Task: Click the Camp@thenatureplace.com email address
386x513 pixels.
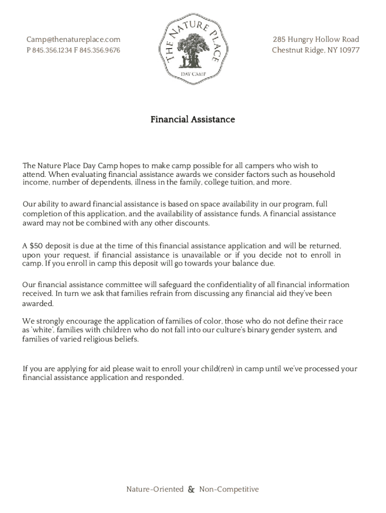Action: [73, 40]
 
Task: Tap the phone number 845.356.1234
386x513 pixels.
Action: [52, 51]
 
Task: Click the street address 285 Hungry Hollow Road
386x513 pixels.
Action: [316, 40]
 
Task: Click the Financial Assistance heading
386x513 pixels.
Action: [193, 120]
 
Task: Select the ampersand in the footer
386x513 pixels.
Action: [191, 489]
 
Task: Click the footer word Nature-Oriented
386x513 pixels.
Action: [154, 489]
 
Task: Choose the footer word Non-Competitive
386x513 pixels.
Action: [229, 489]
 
